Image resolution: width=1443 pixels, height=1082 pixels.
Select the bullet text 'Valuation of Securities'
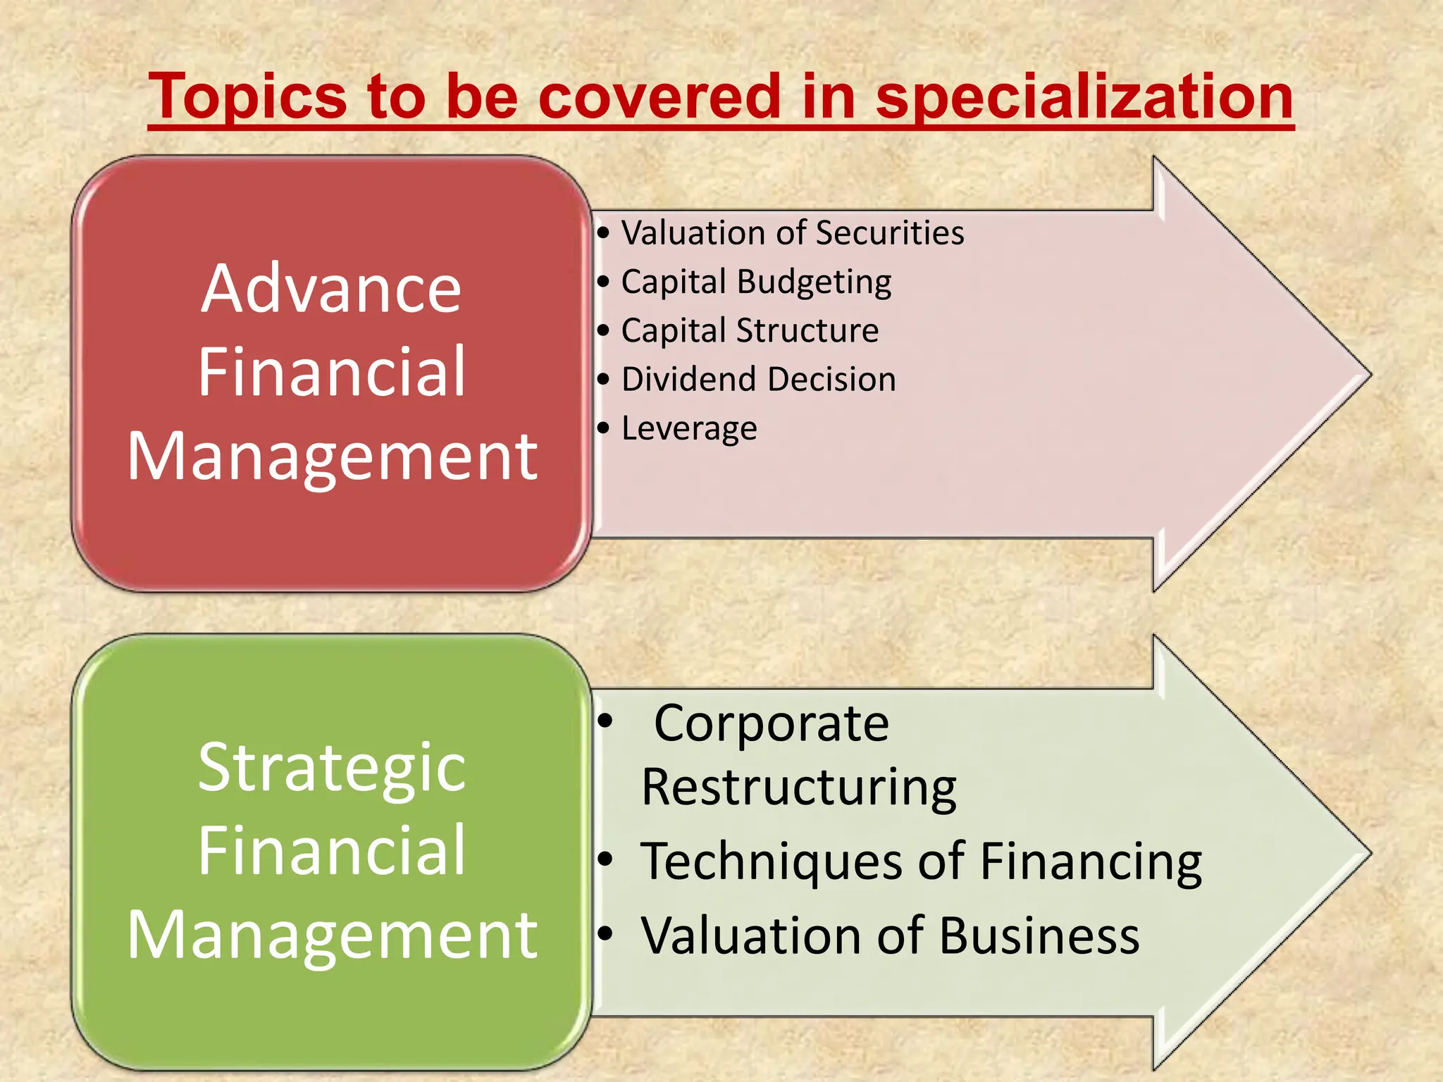tap(792, 233)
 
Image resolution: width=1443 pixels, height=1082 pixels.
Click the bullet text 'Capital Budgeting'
tap(756, 282)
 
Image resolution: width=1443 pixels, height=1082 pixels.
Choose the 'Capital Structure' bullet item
tap(750, 330)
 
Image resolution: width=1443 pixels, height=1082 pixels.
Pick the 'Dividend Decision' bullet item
tap(758, 379)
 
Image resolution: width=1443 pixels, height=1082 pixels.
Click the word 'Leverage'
tap(689, 428)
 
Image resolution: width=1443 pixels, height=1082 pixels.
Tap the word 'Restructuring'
tap(799, 788)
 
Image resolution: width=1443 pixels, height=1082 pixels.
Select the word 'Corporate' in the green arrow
tap(772, 723)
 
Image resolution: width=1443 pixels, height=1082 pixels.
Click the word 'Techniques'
tap(772, 862)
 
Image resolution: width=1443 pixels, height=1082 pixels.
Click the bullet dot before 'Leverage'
tap(603, 428)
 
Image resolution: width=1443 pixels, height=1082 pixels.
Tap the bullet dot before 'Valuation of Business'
tap(605, 934)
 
